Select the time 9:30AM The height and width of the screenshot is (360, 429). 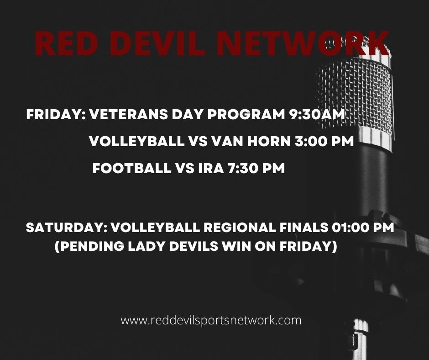pos(317,114)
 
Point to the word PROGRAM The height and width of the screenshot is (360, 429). pos(246,114)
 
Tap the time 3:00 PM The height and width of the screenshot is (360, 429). pos(324,141)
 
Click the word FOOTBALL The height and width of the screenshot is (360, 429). pos(131,168)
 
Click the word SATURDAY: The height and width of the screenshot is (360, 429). pos(67,228)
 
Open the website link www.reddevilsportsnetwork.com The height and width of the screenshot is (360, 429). pos(211,320)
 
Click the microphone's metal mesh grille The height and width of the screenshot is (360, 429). pos(356,93)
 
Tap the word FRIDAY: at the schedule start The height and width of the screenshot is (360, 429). pos(56,114)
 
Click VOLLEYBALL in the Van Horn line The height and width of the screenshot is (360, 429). pos(136,141)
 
